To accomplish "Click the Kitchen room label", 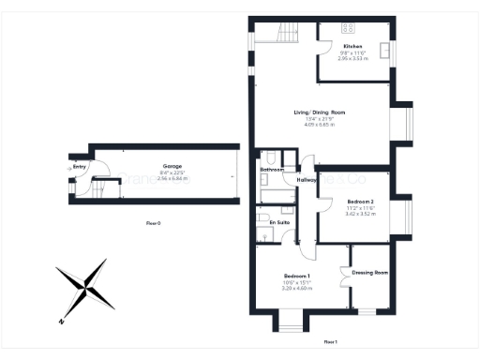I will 352,46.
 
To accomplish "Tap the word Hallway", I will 307,179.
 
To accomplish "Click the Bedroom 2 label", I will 360,202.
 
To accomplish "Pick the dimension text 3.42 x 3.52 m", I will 360,215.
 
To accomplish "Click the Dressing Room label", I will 370,273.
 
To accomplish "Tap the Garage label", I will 172,166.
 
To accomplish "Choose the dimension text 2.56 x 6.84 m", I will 172,178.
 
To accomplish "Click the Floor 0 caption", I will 153,223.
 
